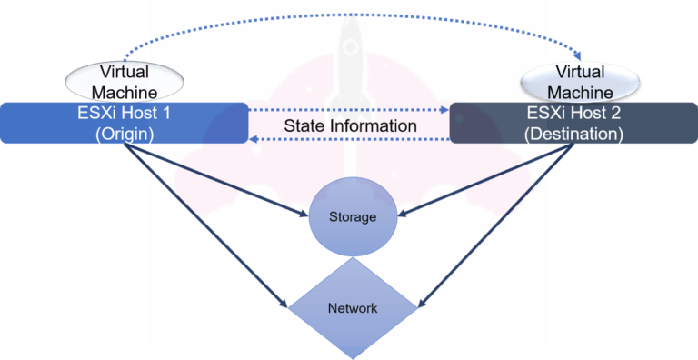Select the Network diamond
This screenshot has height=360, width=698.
coord(354,308)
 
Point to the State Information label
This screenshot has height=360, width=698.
coord(350,125)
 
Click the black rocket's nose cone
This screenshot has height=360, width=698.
coord(350,23)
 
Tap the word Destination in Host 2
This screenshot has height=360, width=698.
coord(575,134)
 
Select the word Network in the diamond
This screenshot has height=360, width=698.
coord(354,308)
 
